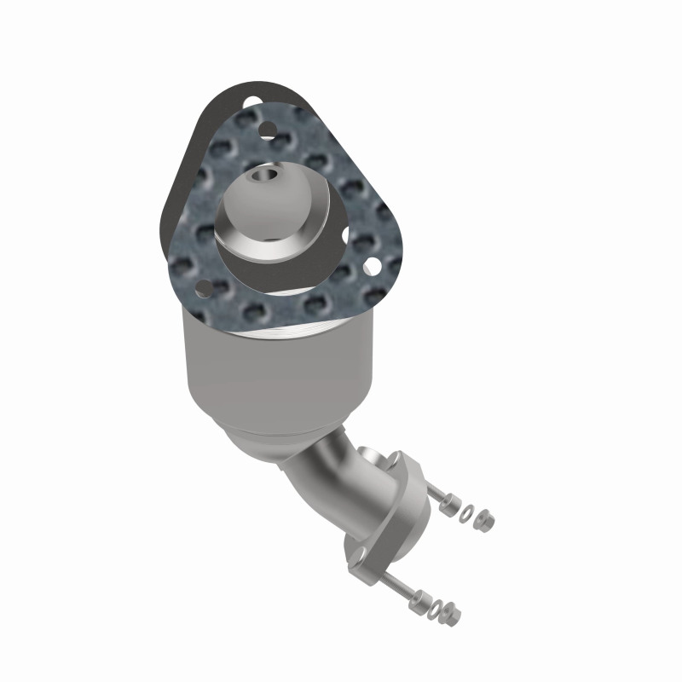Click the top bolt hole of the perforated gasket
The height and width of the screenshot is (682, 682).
(x=268, y=130)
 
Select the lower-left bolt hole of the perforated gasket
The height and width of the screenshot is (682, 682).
(x=205, y=286)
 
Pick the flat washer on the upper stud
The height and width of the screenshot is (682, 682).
(x=466, y=513)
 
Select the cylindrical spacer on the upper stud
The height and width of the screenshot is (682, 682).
(x=450, y=504)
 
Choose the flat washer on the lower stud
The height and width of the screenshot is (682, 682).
(x=435, y=609)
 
